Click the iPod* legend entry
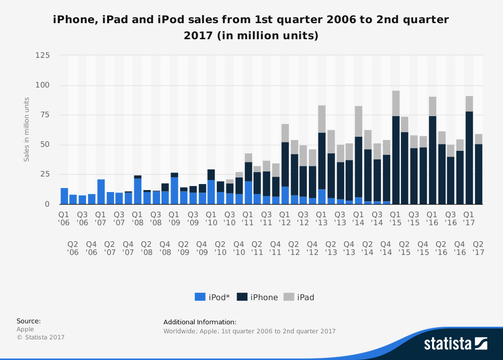pos(212,297)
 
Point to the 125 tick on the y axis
pos(43,55)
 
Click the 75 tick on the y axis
pos(45,115)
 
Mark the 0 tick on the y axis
pos(47,204)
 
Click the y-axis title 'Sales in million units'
pos(27,130)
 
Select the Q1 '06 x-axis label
pos(64,218)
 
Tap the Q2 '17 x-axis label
pos(478,248)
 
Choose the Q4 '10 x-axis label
pos(239,248)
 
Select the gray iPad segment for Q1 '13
pos(322,119)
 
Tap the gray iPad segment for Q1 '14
pos(359,121)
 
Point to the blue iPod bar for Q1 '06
pos(64,196)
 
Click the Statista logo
pos(455,343)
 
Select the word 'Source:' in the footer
pos(29,321)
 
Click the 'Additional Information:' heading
pos(200,322)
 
